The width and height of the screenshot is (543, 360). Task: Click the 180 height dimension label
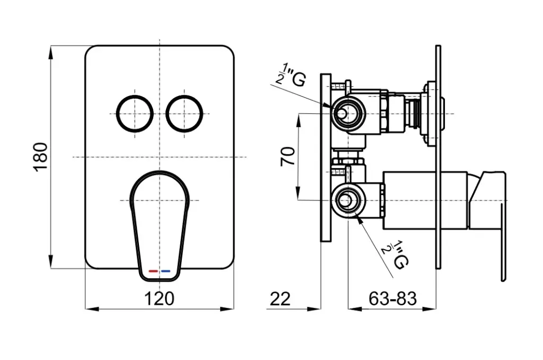pos(41,157)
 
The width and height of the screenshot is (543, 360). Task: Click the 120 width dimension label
pos(159,298)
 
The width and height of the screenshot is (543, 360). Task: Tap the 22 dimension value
pos(280,298)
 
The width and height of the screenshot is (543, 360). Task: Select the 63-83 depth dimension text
pos(392,298)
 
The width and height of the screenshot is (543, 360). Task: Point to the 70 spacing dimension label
pos(288,157)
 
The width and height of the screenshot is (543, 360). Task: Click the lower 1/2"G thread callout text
pos(395,254)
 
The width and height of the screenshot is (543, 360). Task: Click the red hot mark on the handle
pos(153,271)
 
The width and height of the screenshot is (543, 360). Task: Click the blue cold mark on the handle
pos(166,271)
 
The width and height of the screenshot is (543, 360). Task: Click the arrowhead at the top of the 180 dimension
pos(50,52)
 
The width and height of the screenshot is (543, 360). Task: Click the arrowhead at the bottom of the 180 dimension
pos(50,262)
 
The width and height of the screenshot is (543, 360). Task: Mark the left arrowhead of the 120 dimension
pos(92,309)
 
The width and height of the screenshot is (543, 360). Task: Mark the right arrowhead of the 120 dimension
pos(227,309)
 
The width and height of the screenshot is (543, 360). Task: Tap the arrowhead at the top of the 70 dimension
pos(298,120)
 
